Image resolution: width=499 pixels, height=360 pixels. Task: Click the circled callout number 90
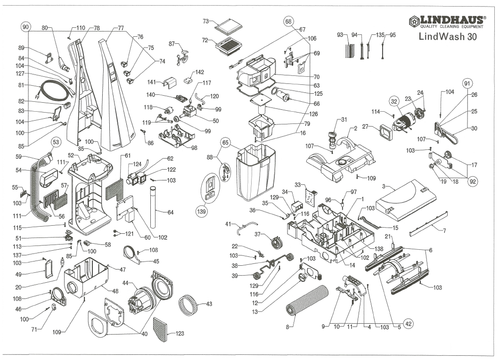tap(25, 26)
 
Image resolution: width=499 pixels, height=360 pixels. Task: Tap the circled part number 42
tap(408, 324)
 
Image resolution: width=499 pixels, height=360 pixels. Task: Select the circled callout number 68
tap(288, 21)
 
